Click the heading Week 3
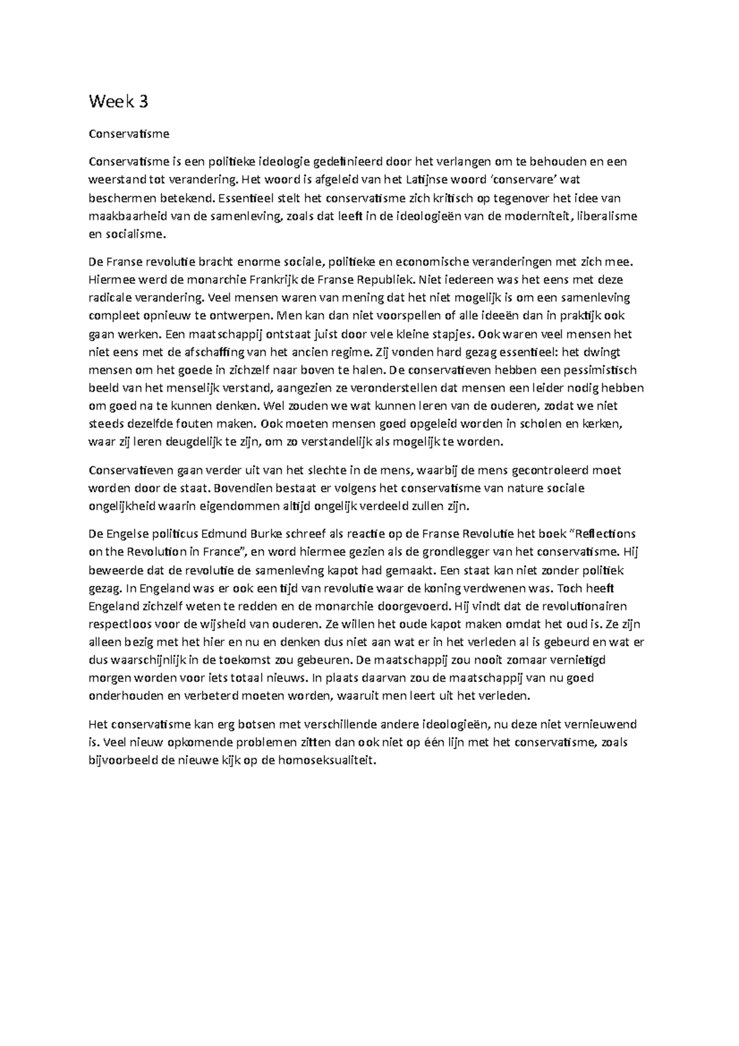pyautogui.click(x=118, y=102)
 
